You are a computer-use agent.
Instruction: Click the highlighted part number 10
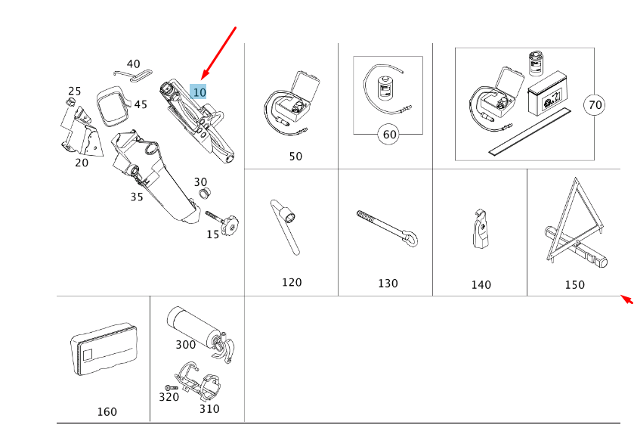pos(199,92)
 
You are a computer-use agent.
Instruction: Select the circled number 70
pos(595,105)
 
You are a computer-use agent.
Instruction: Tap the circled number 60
pos(389,135)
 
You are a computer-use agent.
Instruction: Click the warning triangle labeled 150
pos(571,226)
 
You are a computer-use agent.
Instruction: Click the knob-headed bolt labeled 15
pos(225,222)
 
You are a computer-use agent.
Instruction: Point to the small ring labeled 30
pos(203,195)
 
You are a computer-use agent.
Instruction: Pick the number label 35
pos(136,197)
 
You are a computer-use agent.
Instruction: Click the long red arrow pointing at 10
pos(220,53)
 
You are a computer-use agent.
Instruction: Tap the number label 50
pos(295,157)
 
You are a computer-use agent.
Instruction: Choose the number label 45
pos(141,104)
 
